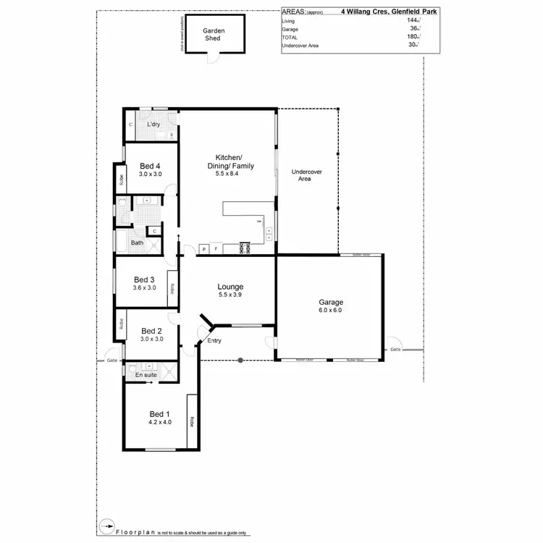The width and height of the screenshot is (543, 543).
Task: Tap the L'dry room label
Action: coord(153,125)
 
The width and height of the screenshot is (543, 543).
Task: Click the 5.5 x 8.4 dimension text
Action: coord(228,174)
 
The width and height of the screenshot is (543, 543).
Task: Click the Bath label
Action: coord(137,243)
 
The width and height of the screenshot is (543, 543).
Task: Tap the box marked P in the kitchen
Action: coord(203,249)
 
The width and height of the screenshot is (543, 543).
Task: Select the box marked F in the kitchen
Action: coord(216,249)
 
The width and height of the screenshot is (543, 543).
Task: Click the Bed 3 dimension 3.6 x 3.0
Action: coord(144,287)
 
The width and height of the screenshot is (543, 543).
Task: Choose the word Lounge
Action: coord(230,286)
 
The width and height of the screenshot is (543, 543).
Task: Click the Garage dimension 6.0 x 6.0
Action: coord(330,311)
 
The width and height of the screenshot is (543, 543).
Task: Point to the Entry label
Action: coord(214,340)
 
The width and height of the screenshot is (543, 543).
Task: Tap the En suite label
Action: coord(146,375)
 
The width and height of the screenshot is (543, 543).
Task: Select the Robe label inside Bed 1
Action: coord(192,421)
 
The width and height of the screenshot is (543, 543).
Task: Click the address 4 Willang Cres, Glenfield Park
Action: coord(389,12)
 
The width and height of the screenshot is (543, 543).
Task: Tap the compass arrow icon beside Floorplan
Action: coord(107,526)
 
